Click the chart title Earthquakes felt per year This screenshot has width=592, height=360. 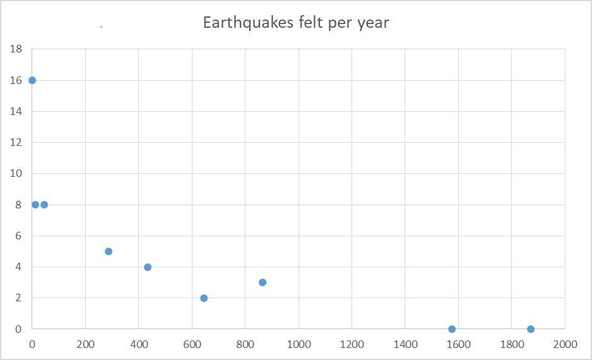[x=296, y=23]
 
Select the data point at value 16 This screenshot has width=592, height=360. [x=32, y=80]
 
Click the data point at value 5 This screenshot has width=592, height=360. [x=109, y=251]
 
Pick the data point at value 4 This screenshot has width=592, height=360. [x=148, y=267]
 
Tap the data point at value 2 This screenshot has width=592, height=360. [x=204, y=298]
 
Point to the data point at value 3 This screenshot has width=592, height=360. [x=263, y=282]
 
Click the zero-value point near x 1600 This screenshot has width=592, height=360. [x=452, y=329]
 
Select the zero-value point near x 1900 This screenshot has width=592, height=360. [x=531, y=329]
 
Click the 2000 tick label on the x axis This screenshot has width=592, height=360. [x=565, y=345]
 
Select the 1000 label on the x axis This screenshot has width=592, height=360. [x=299, y=345]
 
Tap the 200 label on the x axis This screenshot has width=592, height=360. [x=85, y=345]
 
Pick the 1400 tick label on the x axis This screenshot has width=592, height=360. [x=405, y=345]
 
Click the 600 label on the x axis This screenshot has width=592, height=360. [x=192, y=345]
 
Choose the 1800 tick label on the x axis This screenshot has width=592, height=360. [x=512, y=345]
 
